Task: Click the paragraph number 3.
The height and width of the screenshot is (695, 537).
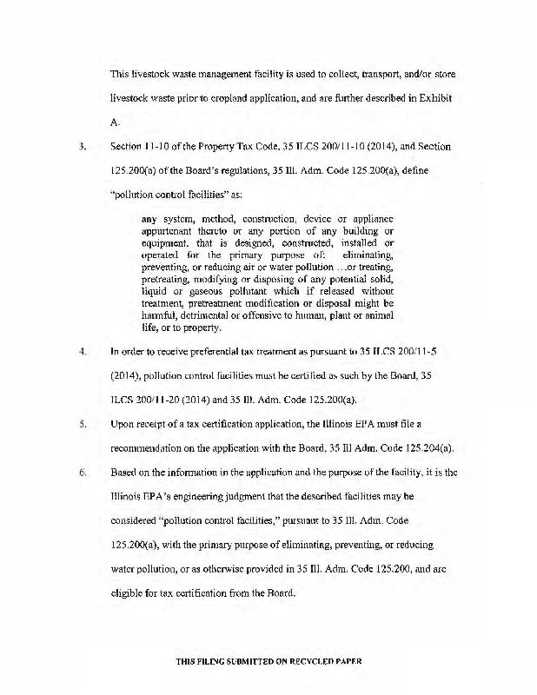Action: (x=80, y=147)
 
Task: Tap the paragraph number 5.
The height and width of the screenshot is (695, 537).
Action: (x=80, y=424)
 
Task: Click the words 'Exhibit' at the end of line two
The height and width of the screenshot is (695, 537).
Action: (x=432, y=100)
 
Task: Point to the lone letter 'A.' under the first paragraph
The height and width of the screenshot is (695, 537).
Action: (x=115, y=123)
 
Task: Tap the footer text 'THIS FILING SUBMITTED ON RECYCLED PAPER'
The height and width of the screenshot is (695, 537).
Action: (x=268, y=659)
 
